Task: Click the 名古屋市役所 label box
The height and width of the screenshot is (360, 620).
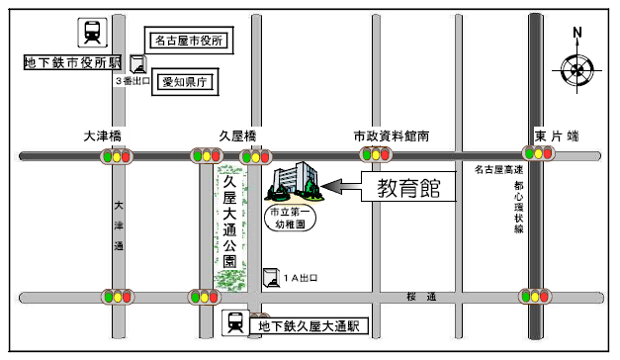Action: coord(187,41)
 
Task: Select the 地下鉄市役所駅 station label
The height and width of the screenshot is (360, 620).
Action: coord(72,63)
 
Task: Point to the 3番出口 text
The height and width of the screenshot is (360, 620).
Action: coord(133,82)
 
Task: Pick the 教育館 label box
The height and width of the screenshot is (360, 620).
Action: coord(406,188)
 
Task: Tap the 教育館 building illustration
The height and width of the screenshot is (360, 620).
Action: coord(294,185)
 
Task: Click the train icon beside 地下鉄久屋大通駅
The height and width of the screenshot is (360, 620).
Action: coord(235,322)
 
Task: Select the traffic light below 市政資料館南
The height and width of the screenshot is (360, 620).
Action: coord(377,155)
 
